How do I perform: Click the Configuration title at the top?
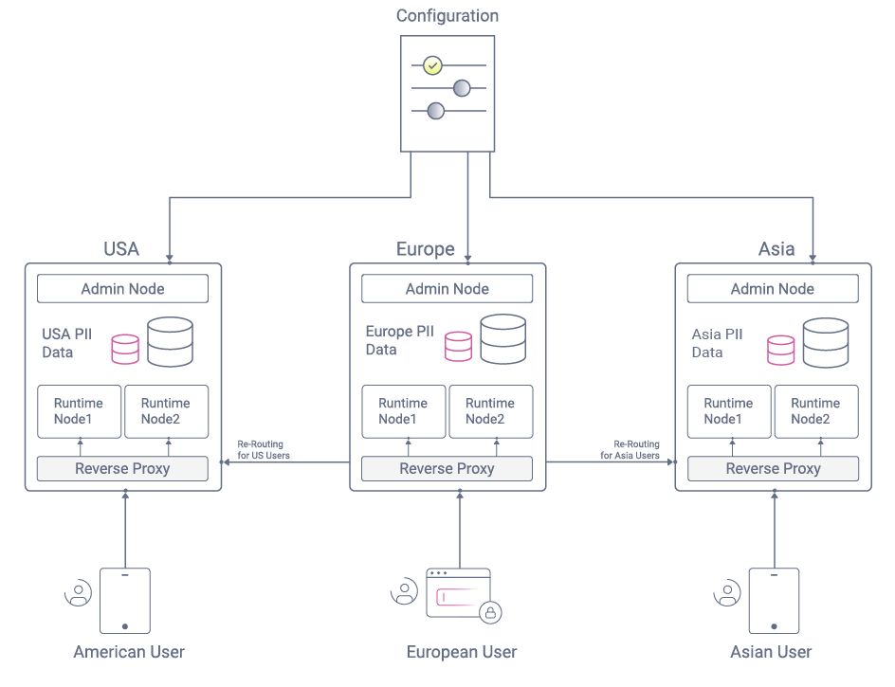pos(447,16)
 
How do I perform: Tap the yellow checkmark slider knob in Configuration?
pos(433,65)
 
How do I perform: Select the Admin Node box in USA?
pos(122,289)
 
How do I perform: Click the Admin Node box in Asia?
pos(773,289)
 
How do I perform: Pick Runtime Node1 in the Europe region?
pos(403,411)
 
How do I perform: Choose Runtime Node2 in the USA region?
pos(166,411)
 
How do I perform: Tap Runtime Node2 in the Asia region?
pos(816,411)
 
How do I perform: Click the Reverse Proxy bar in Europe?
pos(447,468)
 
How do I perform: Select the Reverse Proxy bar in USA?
pos(122,468)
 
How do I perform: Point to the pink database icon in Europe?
pos(458,346)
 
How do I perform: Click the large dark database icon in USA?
pos(171,342)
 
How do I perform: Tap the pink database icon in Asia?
pos(781,350)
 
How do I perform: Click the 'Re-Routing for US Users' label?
pos(263,450)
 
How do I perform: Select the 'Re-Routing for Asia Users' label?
pos(630,450)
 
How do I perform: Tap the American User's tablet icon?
pos(125,601)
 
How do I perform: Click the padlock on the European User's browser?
pos(490,612)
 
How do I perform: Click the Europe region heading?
pos(426,249)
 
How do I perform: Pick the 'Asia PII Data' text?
pos(717,343)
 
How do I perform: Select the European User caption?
pos(462,652)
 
